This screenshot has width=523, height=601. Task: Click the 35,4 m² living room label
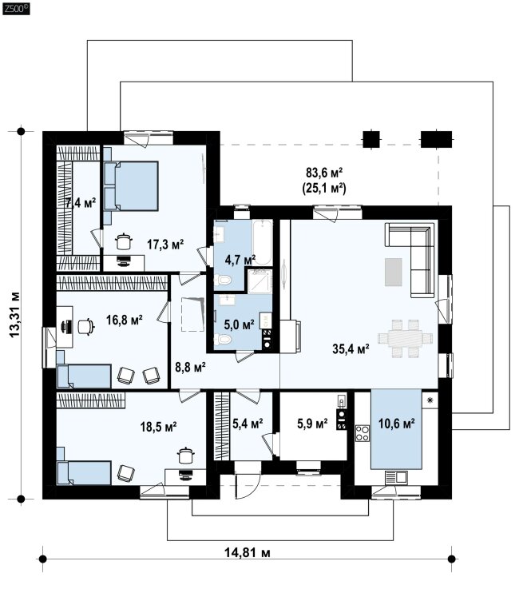[x=351, y=348]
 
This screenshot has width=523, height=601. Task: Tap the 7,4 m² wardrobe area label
[x=81, y=202]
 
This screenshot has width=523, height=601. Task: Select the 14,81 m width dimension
[x=248, y=552]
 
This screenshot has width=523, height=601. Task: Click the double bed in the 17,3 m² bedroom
[x=131, y=186]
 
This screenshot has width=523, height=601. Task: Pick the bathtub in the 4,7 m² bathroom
[x=262, y=242]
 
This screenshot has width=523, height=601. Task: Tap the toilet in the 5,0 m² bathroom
[x=223, y=340]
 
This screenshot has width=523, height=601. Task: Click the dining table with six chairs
[x=405, y=338]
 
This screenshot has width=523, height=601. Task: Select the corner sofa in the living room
[x=411, y=260]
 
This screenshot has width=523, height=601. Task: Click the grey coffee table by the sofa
[x=393, y=272]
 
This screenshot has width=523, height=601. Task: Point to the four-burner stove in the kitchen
[x=363, y=433]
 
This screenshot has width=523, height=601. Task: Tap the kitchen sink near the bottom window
[x=396, y=477]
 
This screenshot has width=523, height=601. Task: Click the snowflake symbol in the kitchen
[x=430, y=400]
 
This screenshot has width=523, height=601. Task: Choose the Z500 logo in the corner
[x=16, y=9]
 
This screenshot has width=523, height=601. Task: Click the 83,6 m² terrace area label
[x=324, y=173]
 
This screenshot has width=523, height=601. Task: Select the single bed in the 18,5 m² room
[x=84, y=473]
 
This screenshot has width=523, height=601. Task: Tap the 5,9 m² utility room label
[x=312, y=424]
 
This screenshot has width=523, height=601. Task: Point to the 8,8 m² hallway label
[x=190, y=367]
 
